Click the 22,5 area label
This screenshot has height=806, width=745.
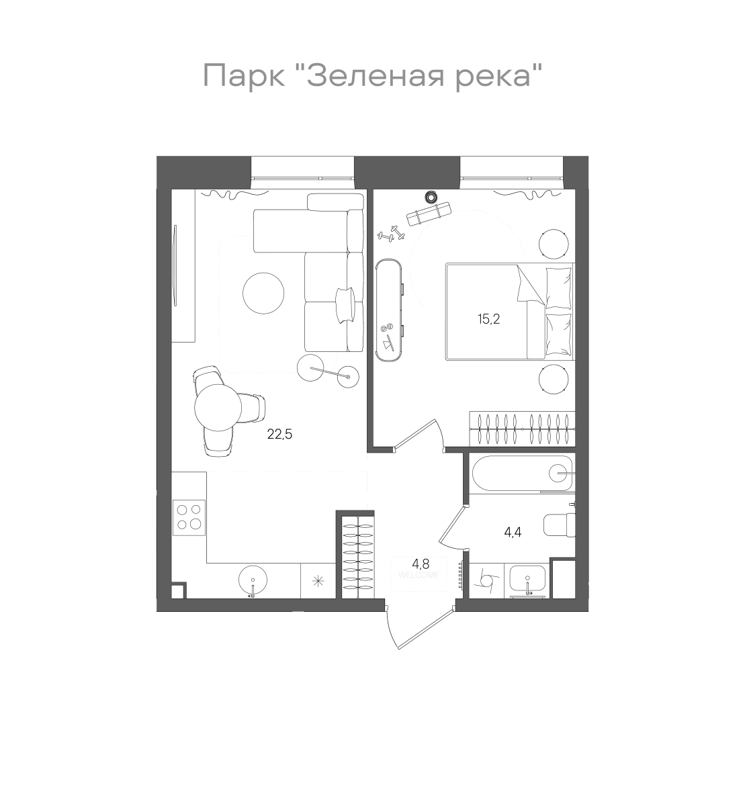[x=279, y=435]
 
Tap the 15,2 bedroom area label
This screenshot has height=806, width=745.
[x=489, y=319]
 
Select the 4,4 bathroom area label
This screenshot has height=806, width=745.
[x=513, y=532]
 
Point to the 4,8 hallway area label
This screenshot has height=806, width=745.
[x=421, y=564]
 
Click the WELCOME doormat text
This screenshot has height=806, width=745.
[x=419, y=575]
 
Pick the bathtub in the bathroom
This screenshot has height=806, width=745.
[x=522, y=474]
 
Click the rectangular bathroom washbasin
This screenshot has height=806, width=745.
[x=527, y=580]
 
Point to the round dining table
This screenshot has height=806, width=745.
[x=218, y=408]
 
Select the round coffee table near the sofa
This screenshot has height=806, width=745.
[x=263, y=293]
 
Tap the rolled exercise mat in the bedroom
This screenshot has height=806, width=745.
[x=429, y=214]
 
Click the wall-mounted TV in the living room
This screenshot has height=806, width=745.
[x=175, y=265]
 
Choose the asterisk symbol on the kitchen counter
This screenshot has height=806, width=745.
[x=318, y=581]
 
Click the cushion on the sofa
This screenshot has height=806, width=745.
[x=344, y=305]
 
